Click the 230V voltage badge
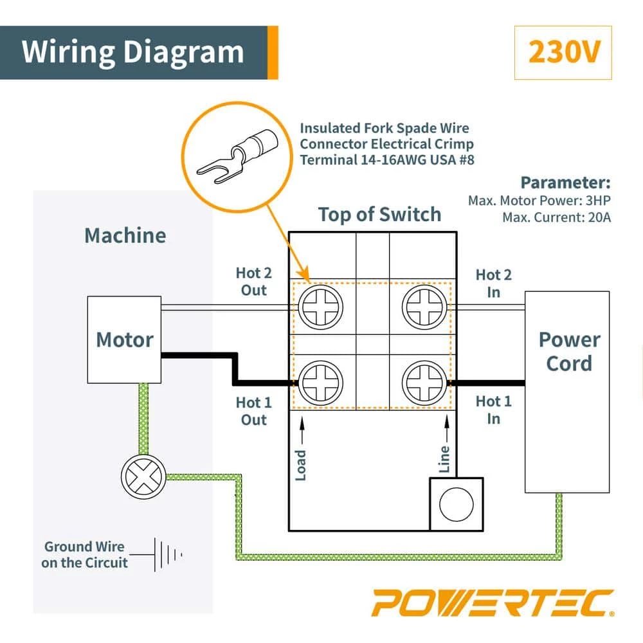coord(563,53)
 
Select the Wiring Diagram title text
coord(133,52)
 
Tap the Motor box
coord(124,340)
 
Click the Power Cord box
coord(566,352)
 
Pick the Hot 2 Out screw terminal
coord(320,307)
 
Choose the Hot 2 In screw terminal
coord(421,307)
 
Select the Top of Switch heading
coord(379,214)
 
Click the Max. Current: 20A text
coord(556,217)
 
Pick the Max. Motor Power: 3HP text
coord(539,201)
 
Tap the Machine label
coord(125,235)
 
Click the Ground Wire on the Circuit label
coord(85,554)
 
